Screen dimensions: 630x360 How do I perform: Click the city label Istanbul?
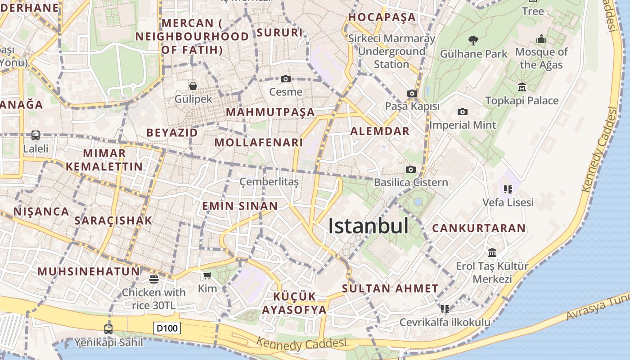click(x=369, y=226)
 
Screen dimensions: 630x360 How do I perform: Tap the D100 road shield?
click(x=167, y=328)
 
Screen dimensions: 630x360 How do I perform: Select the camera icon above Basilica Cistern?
click(x=410, y=169)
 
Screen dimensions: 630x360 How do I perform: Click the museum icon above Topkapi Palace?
click(x=522, y=87)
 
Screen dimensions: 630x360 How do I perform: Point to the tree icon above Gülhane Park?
click(x=473, y=40)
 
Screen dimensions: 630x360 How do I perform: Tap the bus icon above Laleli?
click(x=35, y=135)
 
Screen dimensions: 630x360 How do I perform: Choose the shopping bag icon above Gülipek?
click(x=193, y=85)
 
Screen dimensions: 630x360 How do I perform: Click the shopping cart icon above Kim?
click(x=207, y=275)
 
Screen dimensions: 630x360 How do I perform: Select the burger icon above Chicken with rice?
click(x=153, y=279)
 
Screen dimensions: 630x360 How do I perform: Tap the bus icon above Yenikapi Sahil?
click(x=108, y=329)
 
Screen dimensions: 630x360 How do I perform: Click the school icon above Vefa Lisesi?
click(x=508, y=189)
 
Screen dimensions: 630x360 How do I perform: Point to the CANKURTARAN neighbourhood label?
click(x=479, y=228)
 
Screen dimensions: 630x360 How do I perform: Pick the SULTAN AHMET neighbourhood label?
click(x=390, y=288)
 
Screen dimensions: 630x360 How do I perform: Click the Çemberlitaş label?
click(x=269, y=182)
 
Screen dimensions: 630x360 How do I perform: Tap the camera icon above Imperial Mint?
click(x=462, y=112)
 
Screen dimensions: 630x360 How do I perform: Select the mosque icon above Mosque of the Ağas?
click(x=541, y=39)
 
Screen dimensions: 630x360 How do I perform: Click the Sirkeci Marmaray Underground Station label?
click(x=391, y=51)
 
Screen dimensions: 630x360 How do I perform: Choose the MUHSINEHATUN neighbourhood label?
click(x=89, y=271)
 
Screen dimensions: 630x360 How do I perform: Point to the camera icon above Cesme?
click(x=285, y=79)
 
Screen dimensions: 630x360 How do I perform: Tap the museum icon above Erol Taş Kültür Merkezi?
click(x=492, y=252)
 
